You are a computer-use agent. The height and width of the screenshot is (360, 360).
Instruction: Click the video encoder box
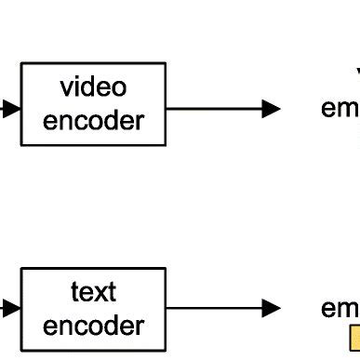(93, 104)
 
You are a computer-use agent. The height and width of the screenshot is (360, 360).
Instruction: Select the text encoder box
(93, 309)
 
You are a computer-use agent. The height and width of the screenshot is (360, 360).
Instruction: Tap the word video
(93, 88)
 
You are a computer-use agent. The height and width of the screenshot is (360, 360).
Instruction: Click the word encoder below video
(93, 121)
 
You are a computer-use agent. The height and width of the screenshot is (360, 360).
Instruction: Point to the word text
(93, 292)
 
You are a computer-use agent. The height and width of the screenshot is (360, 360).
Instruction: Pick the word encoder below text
(93, 326)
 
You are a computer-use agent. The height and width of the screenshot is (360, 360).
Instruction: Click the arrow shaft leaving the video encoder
(214, 109)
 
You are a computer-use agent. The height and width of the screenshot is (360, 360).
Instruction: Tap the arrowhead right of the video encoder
(271, 109)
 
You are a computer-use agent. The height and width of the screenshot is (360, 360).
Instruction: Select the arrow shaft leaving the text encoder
(214, 308)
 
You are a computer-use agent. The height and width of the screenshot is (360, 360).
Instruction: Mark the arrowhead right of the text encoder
(271, 308)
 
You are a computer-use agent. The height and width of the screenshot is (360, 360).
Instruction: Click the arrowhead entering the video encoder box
(11, 109)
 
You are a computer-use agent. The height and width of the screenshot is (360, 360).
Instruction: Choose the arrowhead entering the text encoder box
(11, 308)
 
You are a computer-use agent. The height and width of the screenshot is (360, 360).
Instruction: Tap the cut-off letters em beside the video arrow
(340, 109)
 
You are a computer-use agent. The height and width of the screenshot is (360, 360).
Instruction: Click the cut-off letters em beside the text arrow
(340, 308)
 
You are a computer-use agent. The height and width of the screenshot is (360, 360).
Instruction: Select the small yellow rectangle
(354, 338)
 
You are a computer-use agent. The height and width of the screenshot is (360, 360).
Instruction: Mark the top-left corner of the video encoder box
(21, 63)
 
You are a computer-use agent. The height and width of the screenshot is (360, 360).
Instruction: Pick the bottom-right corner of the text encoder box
(166, 351)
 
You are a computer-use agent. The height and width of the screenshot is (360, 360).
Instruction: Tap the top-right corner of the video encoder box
(166, 63)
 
